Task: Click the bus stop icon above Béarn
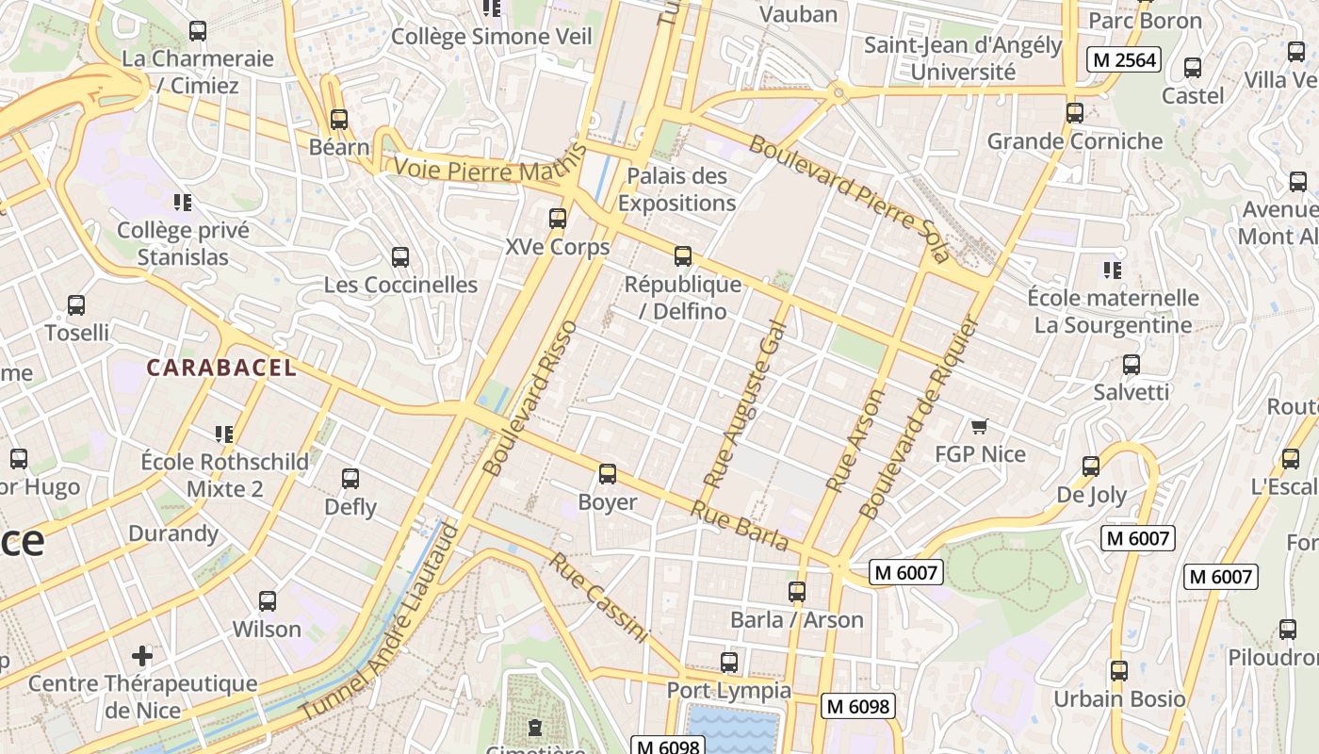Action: (339, 120)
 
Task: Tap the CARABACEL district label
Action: (221, 368)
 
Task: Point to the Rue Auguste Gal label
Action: (744, 402)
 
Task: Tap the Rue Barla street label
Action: (740, 526)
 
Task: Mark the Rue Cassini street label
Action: (599, 598)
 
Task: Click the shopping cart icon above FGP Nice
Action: (979, 427)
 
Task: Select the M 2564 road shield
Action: (1123, 60)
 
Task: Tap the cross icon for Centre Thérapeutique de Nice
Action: (142, 655)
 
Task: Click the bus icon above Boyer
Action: (608, 474)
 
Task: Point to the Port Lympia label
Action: (729, 690)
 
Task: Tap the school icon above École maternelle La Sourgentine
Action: (1112, 270)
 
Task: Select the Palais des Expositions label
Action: (676, 189)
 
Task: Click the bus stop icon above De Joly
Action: (1091, 466)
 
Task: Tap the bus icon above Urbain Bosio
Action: (1118, 671)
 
